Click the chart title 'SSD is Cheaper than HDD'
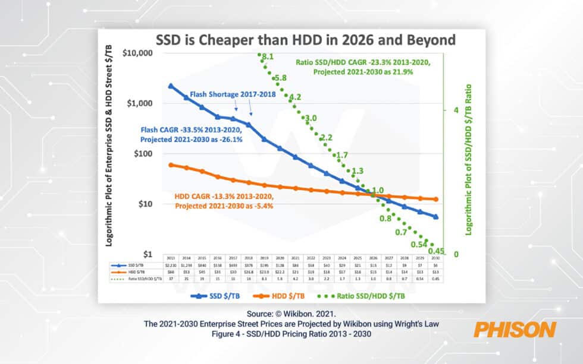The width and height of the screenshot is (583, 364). point(305,40)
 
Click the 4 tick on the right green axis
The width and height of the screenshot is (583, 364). point(455,110)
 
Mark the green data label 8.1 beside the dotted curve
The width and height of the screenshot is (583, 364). point(267,57)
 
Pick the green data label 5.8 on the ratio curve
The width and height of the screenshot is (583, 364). point(281,78)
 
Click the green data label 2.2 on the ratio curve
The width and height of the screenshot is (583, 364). point(326,138)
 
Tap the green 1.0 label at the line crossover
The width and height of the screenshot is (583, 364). point(377,191)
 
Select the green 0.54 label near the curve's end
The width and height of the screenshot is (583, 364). point(420,244)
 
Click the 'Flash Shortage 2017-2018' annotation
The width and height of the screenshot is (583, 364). point(229,94)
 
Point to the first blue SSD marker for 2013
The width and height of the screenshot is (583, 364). point(171,86)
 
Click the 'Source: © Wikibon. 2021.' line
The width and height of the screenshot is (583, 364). point(291,312)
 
